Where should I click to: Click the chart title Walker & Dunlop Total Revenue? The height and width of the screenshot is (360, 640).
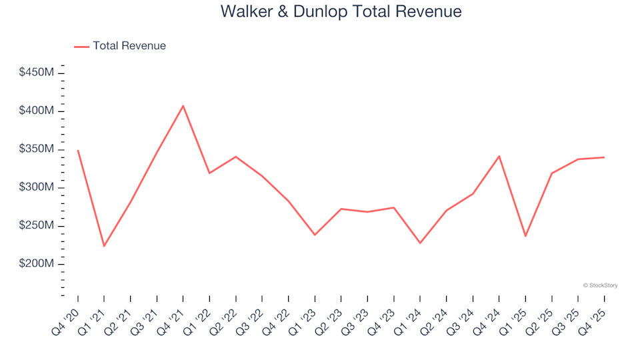[341, 12]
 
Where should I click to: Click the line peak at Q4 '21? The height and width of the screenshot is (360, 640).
[183, 105]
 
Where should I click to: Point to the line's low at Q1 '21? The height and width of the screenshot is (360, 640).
[104, 246]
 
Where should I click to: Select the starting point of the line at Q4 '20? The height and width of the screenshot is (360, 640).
[78, 151]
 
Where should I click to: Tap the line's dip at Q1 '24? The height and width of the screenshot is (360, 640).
[420, 243]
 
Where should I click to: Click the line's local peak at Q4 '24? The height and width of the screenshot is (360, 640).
[499, 156]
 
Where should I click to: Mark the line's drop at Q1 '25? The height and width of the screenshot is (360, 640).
[525, 236]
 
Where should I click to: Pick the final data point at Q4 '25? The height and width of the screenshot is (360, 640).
[604, 157]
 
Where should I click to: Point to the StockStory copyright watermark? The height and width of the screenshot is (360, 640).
[600, 285]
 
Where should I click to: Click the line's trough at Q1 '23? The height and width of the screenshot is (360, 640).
[315, 235]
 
